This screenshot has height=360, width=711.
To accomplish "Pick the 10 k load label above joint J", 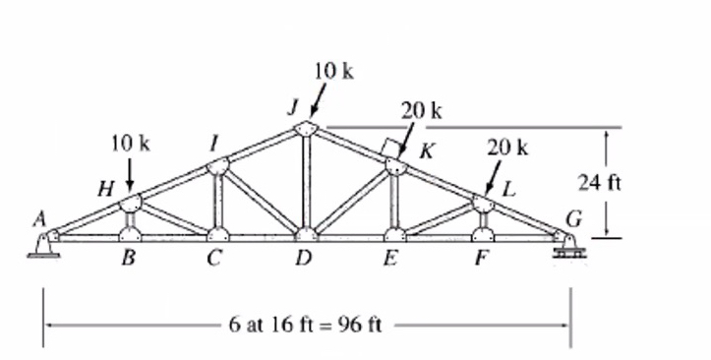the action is pyautogui.click(x=333, y=71).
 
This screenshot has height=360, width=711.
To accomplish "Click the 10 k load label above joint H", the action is pyautogui.click(x=130, y=143).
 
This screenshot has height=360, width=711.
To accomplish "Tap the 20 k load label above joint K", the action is pyautogui.click(x=422, y=110).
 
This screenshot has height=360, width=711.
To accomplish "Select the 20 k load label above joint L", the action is pyautogui.click(x=507, y=149).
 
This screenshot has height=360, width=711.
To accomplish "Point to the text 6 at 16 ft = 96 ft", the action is pyautogui.click(x=304, y=325).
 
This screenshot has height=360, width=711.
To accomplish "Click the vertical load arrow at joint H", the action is pyautogui.click(x=130, y=175).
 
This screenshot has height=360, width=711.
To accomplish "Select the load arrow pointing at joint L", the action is pyautogui.click(x=496, y=179).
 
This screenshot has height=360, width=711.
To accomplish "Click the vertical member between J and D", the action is pyautogui.click(x=306, y=183).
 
